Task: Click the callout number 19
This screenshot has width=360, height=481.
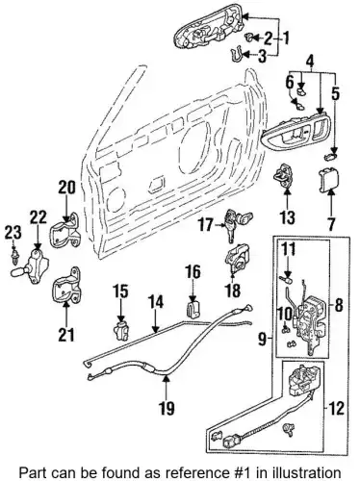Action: coord(167,408)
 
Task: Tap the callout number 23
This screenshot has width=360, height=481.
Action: coord(13,232)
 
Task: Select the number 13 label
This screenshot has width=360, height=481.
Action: coord(287,217)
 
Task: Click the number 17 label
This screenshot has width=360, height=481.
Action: coord(205,224)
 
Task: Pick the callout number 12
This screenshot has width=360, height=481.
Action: coord(337,408)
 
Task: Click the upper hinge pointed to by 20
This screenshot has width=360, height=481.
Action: coord(65,232)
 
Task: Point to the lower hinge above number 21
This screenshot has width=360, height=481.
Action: coord(66,285)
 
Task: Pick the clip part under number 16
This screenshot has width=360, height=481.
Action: coord(193,309)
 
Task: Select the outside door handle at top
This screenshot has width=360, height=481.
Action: coord(209,31)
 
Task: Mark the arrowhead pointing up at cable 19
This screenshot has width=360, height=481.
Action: coord(167,380)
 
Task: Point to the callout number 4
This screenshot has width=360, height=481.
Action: coord(310,61)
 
